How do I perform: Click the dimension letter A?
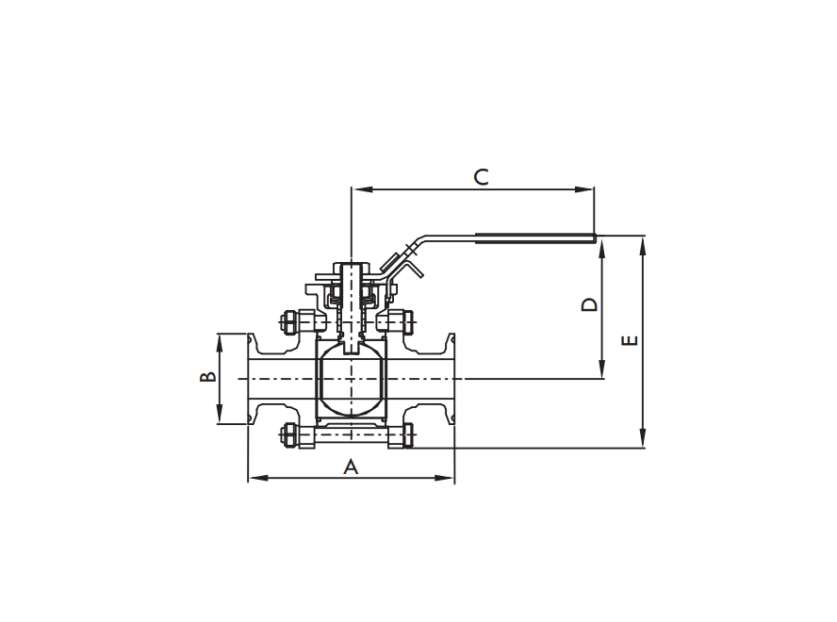point(351,466)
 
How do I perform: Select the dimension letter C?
point(481,176)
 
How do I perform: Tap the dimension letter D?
point(588,305)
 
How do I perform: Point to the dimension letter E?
point(631,339)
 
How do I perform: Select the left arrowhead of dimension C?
point(357,189)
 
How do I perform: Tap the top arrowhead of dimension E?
point(643,241)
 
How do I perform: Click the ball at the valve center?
point(351,382)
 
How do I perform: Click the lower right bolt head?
point(408,436)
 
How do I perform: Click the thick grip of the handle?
point(534,235)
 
